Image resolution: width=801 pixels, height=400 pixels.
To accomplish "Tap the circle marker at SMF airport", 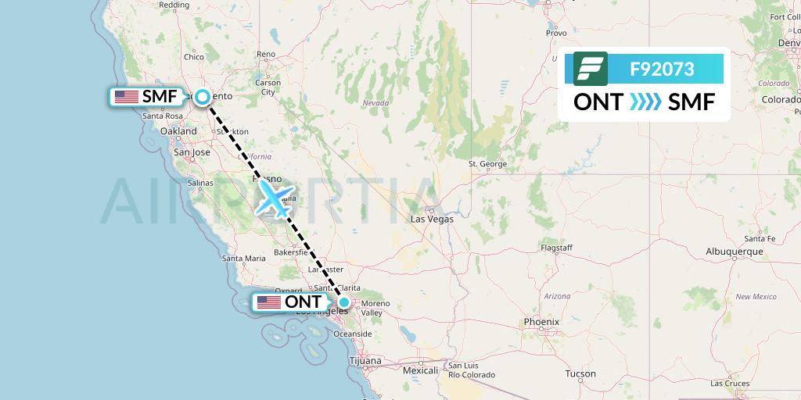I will tap(203, 97).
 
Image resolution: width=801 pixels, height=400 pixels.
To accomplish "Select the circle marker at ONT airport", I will tap(343, 302).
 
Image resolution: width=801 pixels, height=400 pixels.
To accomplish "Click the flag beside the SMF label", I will tap(126, 97).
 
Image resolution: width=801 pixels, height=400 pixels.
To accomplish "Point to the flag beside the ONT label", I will tap(268, 302).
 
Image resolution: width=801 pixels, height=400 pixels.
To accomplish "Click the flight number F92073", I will tap(662, 69).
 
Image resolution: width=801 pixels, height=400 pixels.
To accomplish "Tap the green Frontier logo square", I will tap(590, 69).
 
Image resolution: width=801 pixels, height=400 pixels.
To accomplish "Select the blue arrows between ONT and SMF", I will tap(645, 102).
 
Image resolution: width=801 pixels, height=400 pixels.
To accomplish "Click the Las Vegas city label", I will tap(432, 220).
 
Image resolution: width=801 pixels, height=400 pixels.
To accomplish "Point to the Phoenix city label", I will tap(541, 321).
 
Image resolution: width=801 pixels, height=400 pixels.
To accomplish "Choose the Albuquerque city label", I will tap(734, 252).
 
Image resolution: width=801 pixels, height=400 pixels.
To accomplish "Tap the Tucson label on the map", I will tap(580, 373).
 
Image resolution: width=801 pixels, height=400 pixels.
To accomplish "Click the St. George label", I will tap(487, 164).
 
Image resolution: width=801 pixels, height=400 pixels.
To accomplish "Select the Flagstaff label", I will tap(557, 248).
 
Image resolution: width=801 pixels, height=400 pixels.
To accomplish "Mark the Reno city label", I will tap(266, 54).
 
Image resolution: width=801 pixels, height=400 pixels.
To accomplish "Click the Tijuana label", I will tap(365, 361).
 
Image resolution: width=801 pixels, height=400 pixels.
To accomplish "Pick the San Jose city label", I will tap(192, 152).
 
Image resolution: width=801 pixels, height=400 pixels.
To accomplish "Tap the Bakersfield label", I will tap(290, 253).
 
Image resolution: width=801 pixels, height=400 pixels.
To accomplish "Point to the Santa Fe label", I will tap(760, 238).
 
